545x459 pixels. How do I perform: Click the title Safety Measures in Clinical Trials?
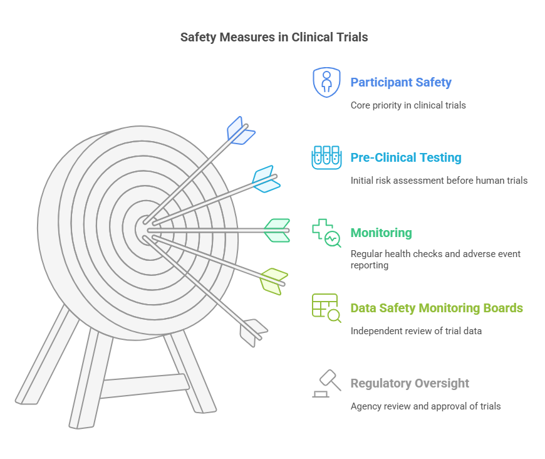(274, 37)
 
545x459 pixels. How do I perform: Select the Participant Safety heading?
(401, 82)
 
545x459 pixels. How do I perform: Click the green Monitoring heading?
(381, 233)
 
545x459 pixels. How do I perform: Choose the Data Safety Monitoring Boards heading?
(437, 308)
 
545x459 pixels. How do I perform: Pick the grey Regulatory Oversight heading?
(410, 383)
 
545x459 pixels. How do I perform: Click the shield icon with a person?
(326, 82)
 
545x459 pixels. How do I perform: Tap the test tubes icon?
(326, 157)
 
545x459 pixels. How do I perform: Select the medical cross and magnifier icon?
(326, 233)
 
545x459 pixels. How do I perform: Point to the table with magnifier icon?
(326, 308)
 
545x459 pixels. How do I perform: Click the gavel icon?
(326, 383)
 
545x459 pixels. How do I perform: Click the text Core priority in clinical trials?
(408, 105)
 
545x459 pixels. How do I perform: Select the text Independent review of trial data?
(416, 331)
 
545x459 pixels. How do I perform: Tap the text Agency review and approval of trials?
(425, 406)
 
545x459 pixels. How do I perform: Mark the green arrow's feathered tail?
(277, 230)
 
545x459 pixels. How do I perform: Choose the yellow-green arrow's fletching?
(274, 280)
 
